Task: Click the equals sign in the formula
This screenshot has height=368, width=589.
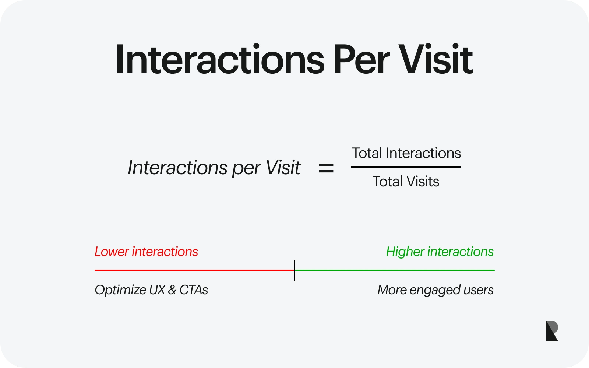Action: [326, 168]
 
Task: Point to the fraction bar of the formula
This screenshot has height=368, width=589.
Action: [406, 167]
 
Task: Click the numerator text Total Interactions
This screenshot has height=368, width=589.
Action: [406, 153]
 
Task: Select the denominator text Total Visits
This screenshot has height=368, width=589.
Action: [406, 182]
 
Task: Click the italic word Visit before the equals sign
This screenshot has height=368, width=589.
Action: [283, 168]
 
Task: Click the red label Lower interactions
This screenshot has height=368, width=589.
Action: [146, 252]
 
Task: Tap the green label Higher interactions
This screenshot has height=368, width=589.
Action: [440, 252]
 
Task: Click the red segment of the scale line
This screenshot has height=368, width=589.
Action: [194, 270]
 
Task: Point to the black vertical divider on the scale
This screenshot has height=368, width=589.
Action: [294, 270]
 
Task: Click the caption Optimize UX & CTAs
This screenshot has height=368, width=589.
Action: [151, 290]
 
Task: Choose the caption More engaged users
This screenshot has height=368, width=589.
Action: [435, 290]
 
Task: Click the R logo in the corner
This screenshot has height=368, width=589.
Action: [552, 331]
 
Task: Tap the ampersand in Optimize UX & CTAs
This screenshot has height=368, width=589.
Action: [172, 290]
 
